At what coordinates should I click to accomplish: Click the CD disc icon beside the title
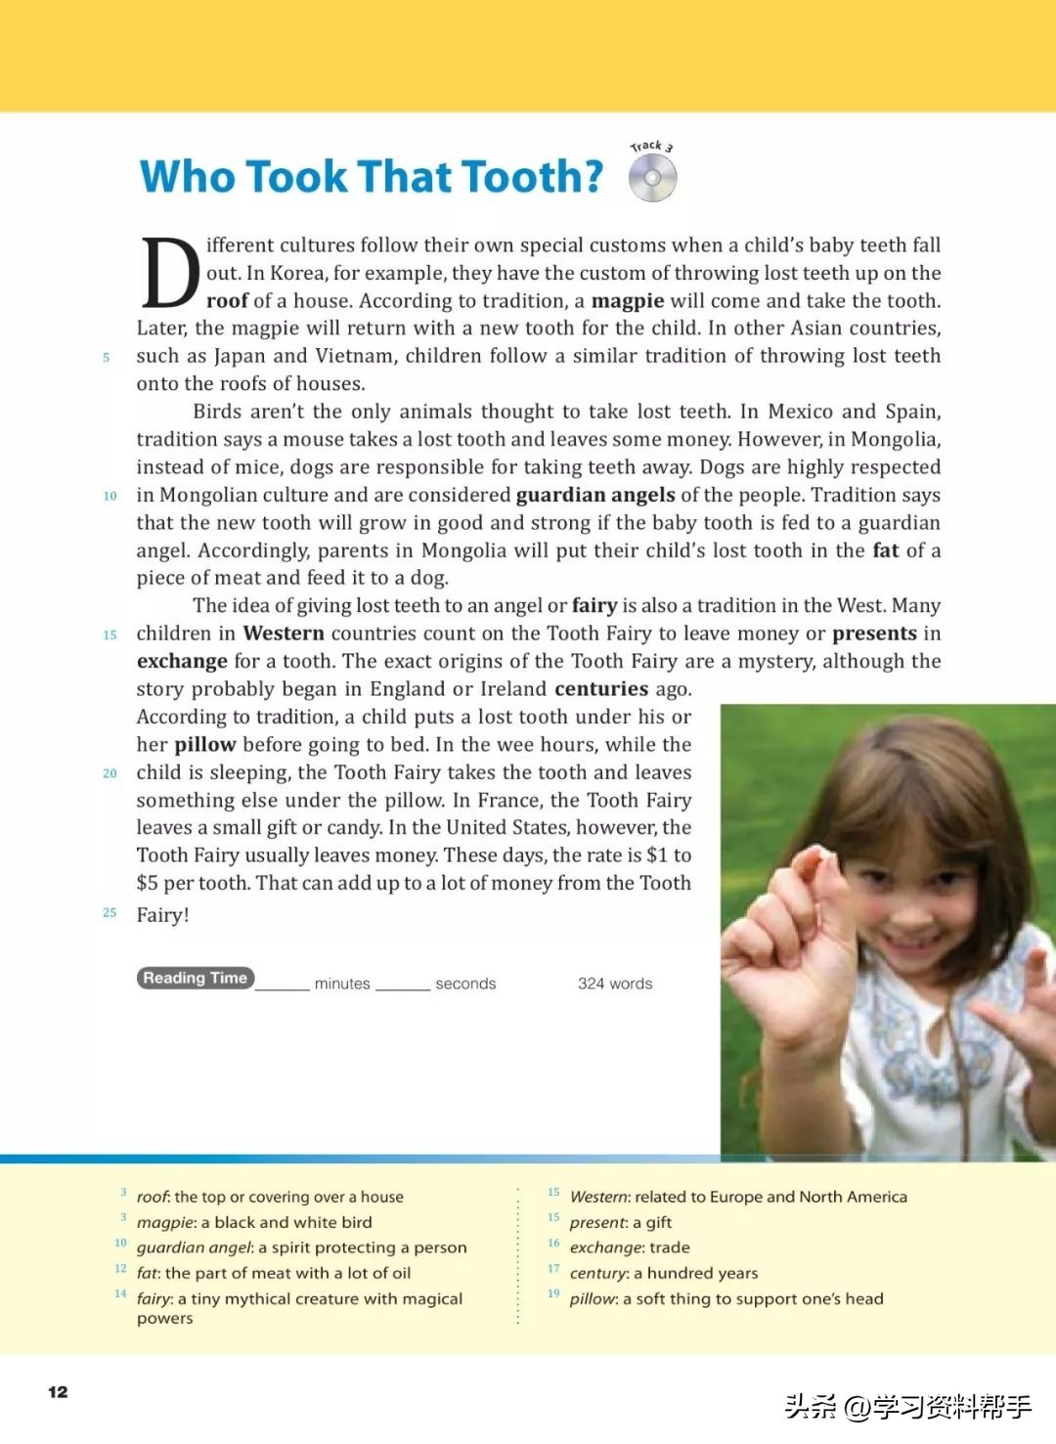[652, 179]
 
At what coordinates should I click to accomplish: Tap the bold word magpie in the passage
[627, 301]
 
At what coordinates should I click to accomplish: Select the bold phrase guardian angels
[595, 495]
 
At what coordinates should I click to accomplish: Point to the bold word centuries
[601, 689]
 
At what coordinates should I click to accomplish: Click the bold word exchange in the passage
[182, 662]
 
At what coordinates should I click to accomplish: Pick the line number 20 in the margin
[110, 773]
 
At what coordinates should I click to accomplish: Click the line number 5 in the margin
[107, 358]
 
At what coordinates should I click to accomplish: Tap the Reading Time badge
[196, 978]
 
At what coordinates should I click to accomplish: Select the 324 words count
[614, 984]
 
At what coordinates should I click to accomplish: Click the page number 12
[58, 1392]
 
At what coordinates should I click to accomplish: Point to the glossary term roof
[152, 1197]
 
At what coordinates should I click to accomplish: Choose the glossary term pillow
[593, 1298]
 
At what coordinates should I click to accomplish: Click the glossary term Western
[598, 1197]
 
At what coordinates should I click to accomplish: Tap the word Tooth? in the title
[532, 177]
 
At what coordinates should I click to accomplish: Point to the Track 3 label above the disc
[651, 147]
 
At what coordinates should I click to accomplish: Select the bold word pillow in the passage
[205, 745]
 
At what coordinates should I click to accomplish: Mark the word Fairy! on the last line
[162, 915]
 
